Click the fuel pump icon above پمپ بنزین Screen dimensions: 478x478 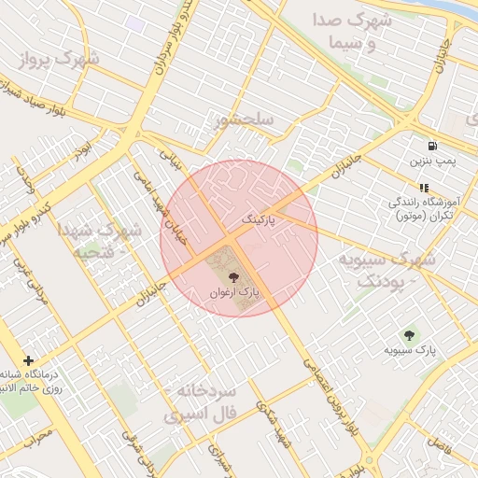(432, 146)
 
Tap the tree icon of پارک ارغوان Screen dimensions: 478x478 (232, 277)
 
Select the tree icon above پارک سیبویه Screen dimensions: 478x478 (409, 334)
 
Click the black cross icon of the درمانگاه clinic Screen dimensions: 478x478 (29, 360)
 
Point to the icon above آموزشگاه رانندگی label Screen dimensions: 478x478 (424, 188)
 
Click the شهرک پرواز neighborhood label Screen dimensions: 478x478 (58, 60)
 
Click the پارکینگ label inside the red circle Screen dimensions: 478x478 (264, 218)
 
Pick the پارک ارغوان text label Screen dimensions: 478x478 (232, 293)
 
